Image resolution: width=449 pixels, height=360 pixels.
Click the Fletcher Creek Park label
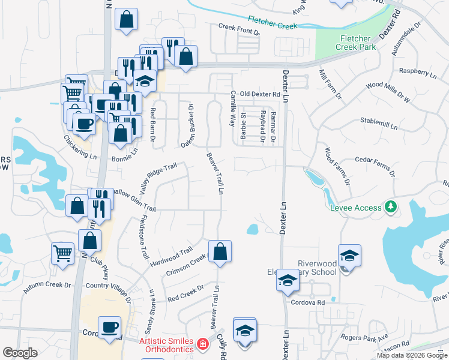(x=355, y=43)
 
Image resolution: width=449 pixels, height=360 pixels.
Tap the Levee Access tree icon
(x=391, y=207)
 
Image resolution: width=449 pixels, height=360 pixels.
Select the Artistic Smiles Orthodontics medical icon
(x=203, y=344)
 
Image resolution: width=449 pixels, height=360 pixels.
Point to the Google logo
(x=20, y=353)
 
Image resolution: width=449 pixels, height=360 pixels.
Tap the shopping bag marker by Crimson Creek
(x=220, y=252)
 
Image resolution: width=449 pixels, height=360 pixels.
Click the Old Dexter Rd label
(x=259, y=94)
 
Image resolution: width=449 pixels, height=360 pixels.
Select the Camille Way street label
(x=232, y=109)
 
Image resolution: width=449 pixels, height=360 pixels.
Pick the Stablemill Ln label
(x=379, y=124)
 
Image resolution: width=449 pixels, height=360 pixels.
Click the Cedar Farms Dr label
(x=375, y=166)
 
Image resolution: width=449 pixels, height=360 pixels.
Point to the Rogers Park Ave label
(x=365, y=338)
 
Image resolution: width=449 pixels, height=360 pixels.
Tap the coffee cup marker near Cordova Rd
(x=109, y=328)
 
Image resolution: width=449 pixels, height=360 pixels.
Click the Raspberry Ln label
(x=418, y=74)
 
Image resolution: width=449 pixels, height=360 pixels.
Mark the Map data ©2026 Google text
(x=412, y=355)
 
